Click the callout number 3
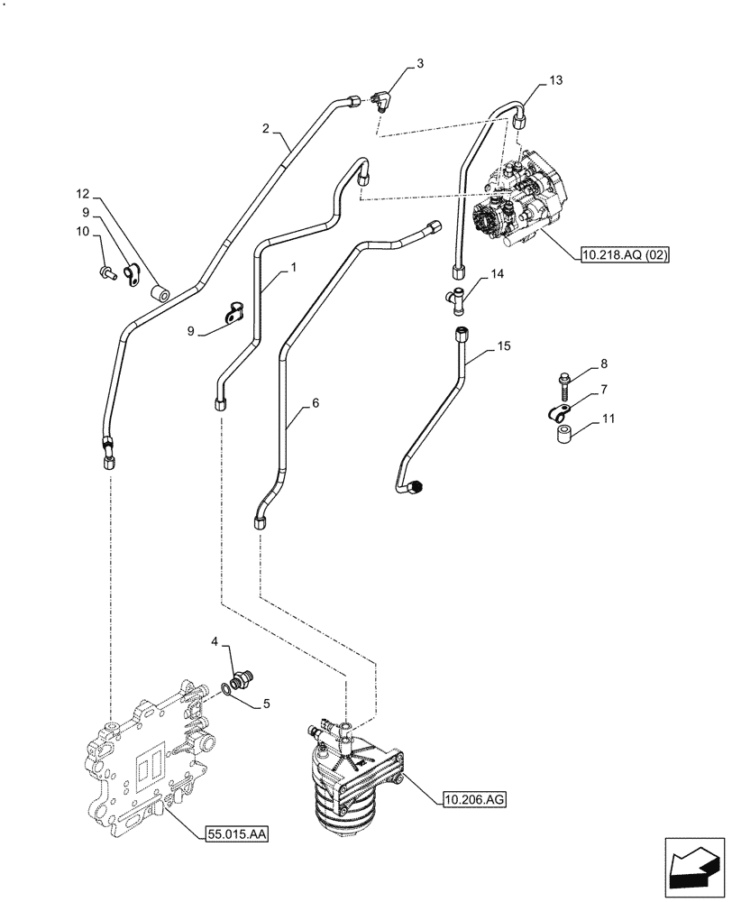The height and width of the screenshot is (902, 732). (419, 64)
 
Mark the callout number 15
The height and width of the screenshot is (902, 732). (503, 346)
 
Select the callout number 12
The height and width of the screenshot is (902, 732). (83, 194)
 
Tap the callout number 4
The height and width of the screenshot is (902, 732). (215, 641)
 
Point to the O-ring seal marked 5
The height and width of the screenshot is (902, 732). (224, 692)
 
